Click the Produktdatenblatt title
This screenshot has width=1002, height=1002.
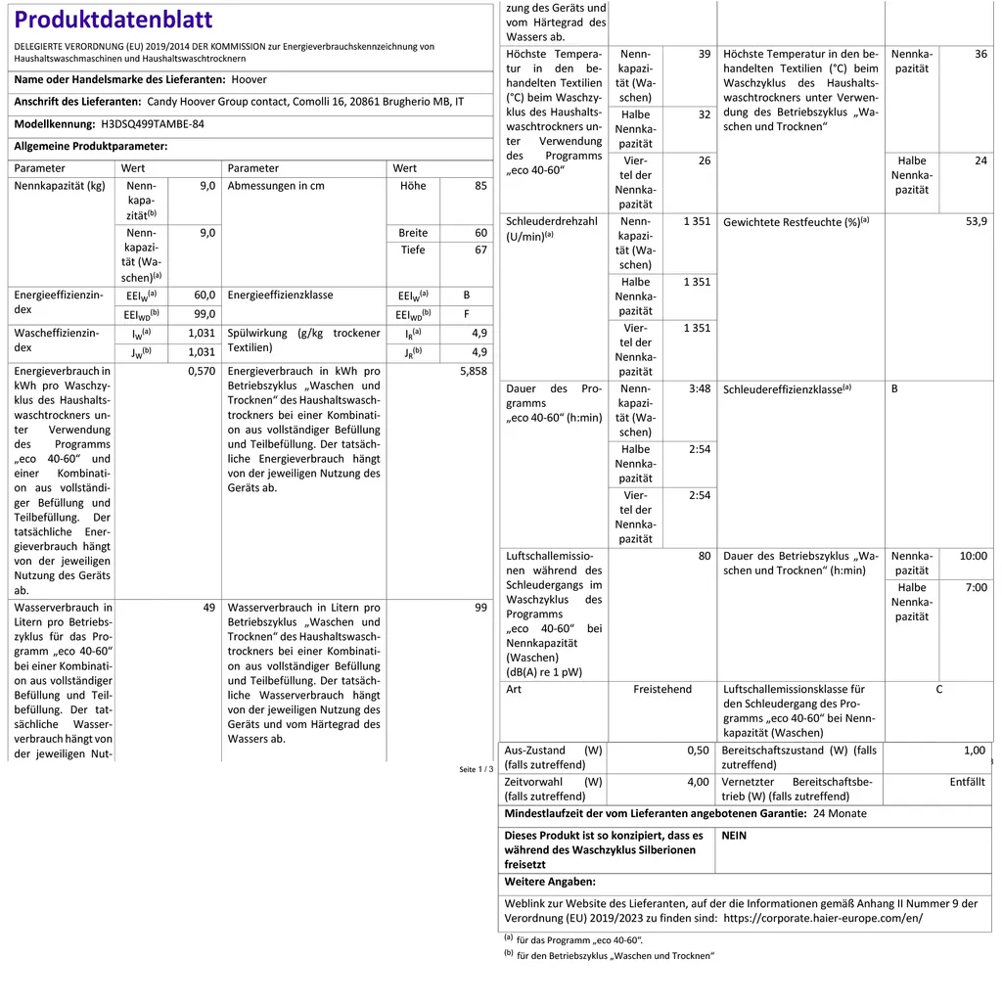[x=114, y=20]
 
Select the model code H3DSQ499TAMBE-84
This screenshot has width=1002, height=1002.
[x=153, y=125]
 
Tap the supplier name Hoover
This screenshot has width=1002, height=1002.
[x=249, y=80]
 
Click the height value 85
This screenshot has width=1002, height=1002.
[x=480, y=186]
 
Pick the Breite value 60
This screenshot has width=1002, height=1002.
[x=480, y=233]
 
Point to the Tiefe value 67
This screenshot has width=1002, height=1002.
[x=480, y=250]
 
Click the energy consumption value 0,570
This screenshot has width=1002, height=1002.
[x=201, y=372]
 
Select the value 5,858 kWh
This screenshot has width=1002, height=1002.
[x=473, y=372]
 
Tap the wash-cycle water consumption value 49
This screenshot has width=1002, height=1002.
[x=208, y=608]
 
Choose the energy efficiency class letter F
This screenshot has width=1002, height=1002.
[x=467, y=315]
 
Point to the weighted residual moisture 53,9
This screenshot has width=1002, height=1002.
[x=976, y=222]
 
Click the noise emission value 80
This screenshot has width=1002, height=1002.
[x=704, y=556]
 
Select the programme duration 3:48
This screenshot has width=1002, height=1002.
[x=699, y=388]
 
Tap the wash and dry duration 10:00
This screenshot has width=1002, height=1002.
[x=973, y=556]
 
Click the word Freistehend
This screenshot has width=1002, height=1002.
[x=662, y=690]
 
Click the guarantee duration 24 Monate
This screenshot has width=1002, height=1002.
[x=840, y=814]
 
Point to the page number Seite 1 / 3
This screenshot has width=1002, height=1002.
[x=477, y=769]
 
